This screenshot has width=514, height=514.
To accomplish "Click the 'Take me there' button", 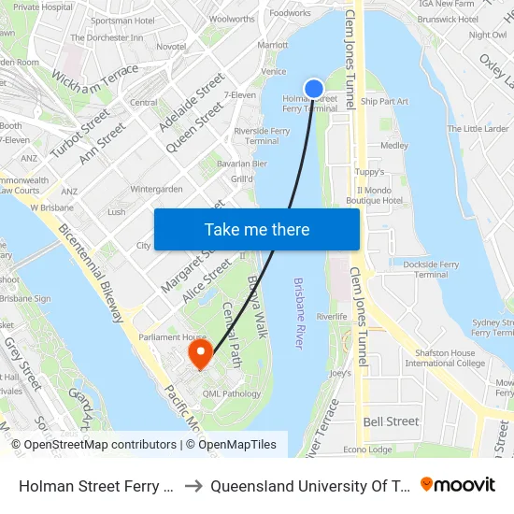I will point(257,229).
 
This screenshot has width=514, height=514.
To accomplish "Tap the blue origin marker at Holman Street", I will point(314,89).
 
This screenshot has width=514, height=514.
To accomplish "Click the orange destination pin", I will point(200,353).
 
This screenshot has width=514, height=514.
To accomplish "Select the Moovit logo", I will point(458,485).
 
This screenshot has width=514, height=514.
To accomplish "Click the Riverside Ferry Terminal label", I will point(262,136).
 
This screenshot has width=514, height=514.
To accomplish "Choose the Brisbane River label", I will point(299,313).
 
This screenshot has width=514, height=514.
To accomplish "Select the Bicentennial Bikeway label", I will point(92,272).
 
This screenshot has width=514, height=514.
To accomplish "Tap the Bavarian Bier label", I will point(242,164).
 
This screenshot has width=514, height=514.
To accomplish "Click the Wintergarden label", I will point(156,189).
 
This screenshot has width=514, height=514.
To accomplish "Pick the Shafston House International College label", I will point(445,358).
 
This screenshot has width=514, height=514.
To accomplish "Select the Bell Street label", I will point(391,421).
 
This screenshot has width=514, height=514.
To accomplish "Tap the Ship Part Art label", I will point(384,101).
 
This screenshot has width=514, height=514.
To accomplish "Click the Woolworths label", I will point(232,19).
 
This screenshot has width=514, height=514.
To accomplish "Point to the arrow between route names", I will point(191,486).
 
